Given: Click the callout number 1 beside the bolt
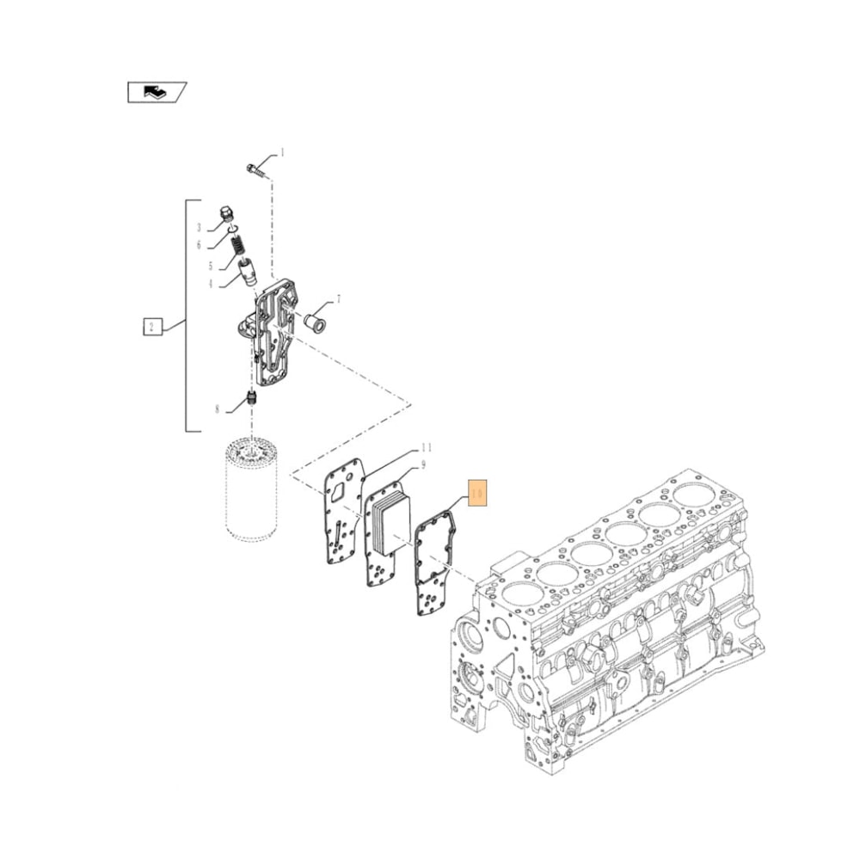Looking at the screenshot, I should (282, 153).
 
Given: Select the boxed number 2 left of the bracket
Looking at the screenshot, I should (151, 326).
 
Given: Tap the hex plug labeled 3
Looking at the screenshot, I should (226, 212).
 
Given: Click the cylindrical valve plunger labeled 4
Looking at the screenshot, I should (248, 272).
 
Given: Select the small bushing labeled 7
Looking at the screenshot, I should (315, 321).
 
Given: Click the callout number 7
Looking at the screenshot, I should (338, 300).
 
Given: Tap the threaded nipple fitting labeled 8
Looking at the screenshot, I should (253, 400).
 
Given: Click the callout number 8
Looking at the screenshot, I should (218, 409).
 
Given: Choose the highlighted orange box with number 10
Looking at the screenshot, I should (477, 494).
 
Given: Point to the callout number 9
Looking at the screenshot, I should (422, 466).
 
